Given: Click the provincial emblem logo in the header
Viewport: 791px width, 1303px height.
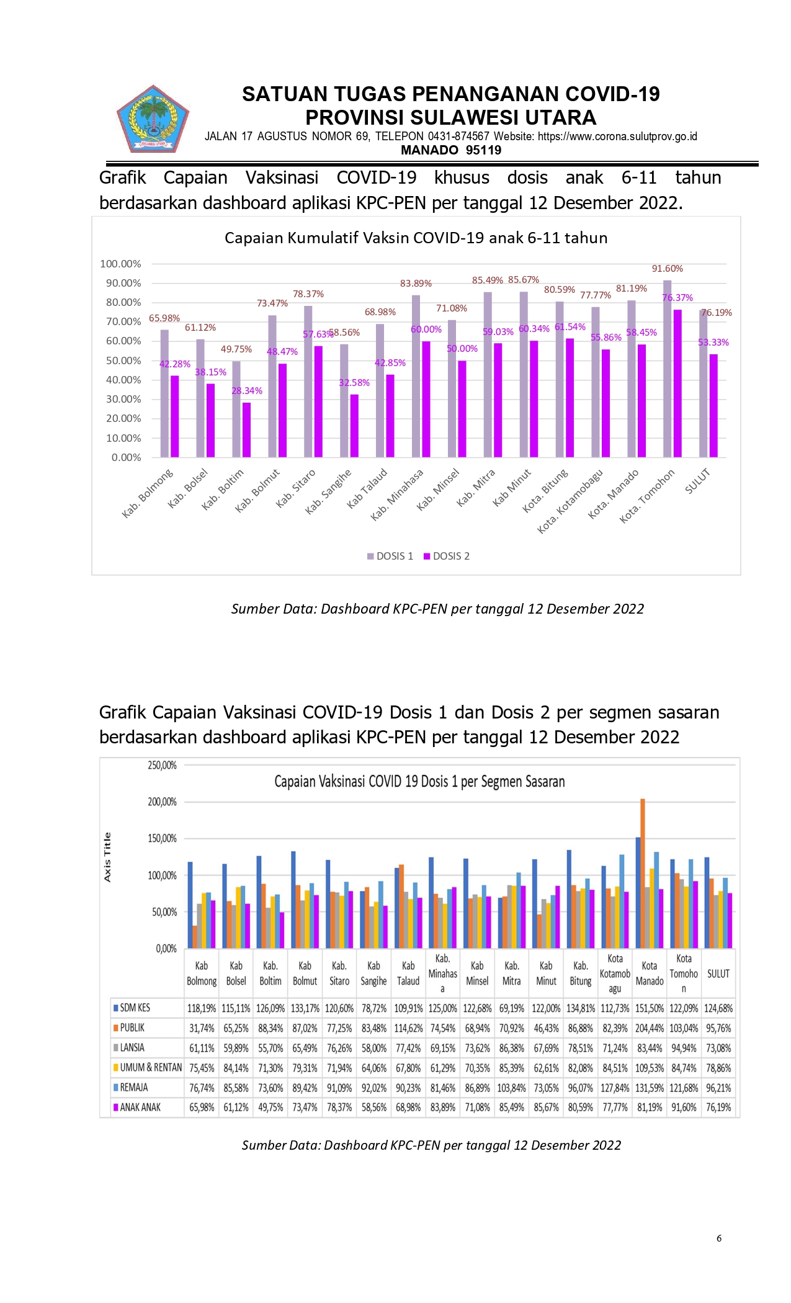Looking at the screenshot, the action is (x=153, y=119).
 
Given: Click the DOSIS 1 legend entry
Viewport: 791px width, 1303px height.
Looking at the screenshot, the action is (x=390, y=556).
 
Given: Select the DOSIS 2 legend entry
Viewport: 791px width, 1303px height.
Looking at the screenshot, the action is (x=447, y=556).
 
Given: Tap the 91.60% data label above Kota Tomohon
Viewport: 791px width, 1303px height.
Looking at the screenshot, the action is (x=667, y=269).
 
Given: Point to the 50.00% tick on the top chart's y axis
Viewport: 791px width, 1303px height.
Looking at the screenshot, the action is (x=123, y=360).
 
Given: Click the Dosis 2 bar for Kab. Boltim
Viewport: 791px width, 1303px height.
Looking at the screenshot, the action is (x=247, y=430).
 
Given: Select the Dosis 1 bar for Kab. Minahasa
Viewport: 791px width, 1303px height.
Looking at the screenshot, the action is (x=416, y=377).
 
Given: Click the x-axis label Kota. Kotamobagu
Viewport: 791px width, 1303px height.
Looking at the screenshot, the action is (x=570, y=502).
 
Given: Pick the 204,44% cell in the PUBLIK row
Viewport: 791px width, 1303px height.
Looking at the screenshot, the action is (x=650, y=1028).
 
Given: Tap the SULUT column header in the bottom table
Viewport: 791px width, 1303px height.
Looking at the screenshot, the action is (x=718, y=974).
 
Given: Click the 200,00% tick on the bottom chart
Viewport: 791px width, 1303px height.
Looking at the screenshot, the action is (x=162, y=802).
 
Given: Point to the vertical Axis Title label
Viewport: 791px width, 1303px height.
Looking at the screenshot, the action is (x=107, y=857).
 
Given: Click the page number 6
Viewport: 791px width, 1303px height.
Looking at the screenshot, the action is (x=719, y=1238).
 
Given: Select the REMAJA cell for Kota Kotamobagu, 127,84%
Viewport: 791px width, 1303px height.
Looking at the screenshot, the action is (x=615, y=1088).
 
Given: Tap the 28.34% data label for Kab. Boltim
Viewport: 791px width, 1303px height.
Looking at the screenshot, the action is (x=247, y=391).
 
